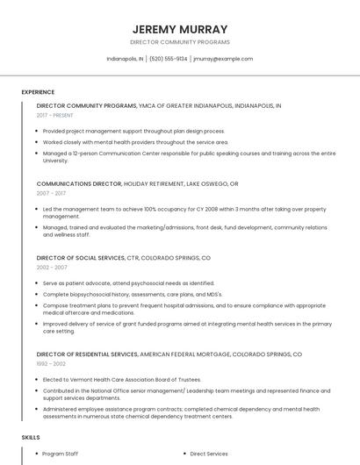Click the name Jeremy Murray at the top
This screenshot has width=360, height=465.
click(179, 29)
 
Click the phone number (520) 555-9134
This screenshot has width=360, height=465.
click(168, 59)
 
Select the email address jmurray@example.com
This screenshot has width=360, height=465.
click(223, 59)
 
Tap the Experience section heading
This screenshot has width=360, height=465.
click(38, 92)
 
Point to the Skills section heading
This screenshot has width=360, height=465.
click(31, 437)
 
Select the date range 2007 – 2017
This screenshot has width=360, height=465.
click(52, 193)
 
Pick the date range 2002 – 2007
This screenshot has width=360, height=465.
click(52, 268)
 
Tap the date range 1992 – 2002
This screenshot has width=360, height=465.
click(51, 363)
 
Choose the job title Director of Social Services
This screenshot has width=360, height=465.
click(81, 259)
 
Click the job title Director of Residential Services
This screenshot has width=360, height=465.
click(87, 354)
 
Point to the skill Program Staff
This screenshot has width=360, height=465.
click(61, 454)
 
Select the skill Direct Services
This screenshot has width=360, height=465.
click(209, 454)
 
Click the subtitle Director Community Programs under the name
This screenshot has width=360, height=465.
click(179, 42)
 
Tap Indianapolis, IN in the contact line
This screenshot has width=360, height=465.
click(125, 59)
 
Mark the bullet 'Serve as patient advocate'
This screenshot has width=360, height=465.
click(128, 283)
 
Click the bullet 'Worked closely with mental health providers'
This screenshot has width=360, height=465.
click(135, 142)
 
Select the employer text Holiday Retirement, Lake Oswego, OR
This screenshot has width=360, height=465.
click(181, 184)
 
